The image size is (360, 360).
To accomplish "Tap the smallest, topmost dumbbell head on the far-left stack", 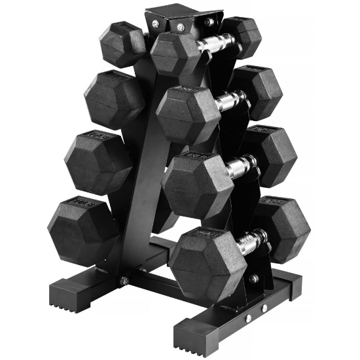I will click(x=122, y=44).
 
